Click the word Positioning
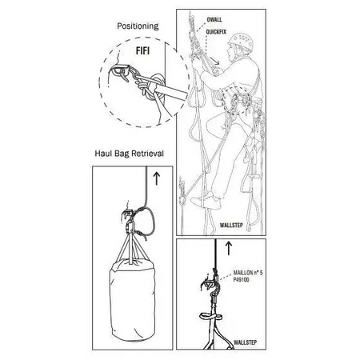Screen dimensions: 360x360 click(138, 26)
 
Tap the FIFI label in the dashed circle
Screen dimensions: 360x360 click(143, 50)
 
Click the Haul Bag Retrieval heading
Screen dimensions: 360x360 click(130, 154)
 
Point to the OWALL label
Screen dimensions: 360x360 click(214, 19)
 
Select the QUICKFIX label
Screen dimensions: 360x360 click(216, 32)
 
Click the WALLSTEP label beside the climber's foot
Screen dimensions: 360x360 click(231, 226)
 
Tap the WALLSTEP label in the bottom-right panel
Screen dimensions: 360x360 click(245, 342)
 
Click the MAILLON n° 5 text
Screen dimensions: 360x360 click(248, 273)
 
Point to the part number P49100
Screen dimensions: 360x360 click(241, 280)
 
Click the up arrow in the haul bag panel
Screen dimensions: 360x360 click(157, 178)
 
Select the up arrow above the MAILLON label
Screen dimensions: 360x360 click(229, 248)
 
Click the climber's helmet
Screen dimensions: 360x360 click(240, 42)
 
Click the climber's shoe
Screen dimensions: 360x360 click(206, 202)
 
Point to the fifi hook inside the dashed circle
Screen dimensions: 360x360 click(121, 71)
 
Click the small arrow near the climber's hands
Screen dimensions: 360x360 click(214, 61)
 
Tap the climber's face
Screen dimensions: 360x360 click(231, 53)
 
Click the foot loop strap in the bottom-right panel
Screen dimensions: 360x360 click(210, 317)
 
